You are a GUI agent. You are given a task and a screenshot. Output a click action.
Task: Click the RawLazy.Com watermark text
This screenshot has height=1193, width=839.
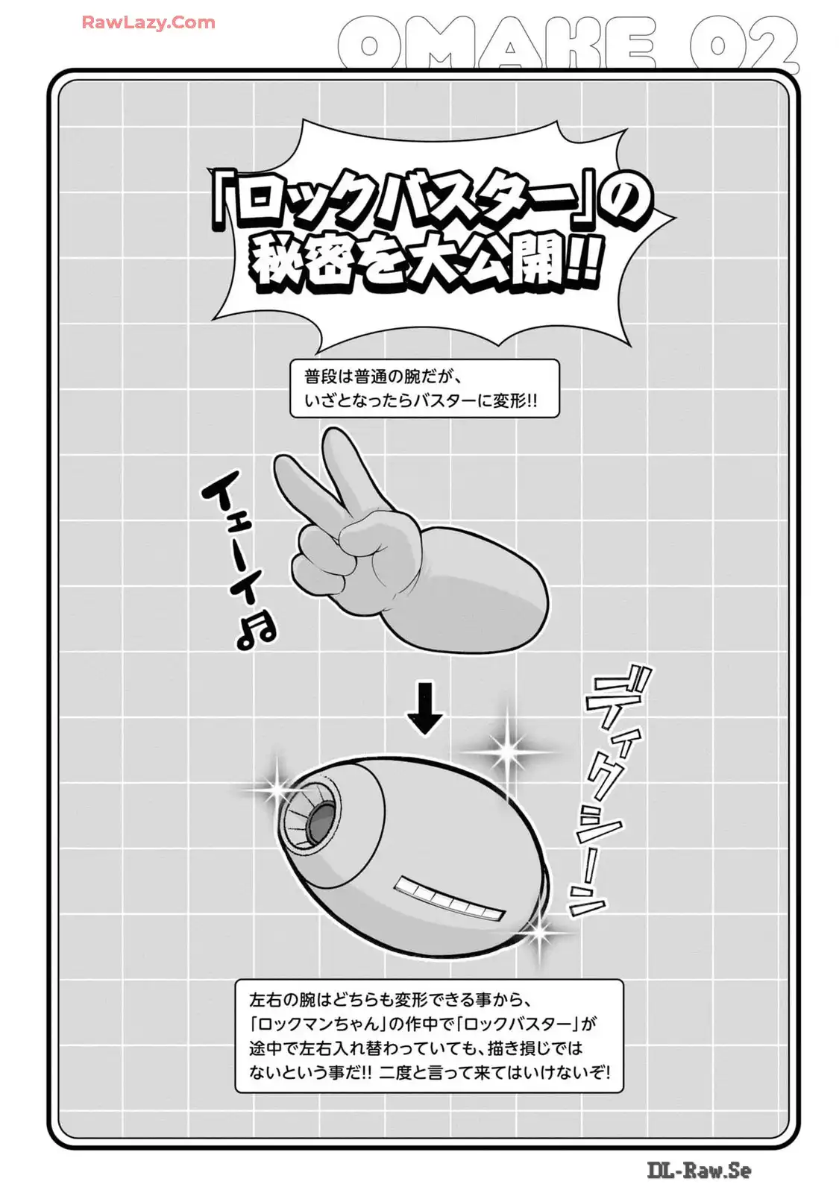pyautogui.click(x=148, y=23)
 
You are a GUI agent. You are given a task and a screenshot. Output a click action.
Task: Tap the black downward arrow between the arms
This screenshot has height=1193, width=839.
pyautogui.click(x=424, y=708)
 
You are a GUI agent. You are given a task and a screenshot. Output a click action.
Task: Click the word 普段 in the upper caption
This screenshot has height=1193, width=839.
pyautogui.click(x=320, y=377)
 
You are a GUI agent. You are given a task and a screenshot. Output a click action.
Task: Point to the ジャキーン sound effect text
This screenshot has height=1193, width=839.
pyautogui.click(x=607, y=788)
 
